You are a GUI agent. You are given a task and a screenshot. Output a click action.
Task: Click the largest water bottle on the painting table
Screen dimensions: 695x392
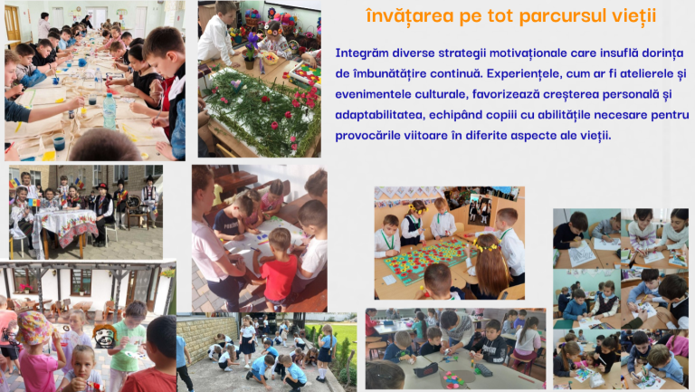(x=109, y=110)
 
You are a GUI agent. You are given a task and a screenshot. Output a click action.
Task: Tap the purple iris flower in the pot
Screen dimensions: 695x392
(x=252, y=42)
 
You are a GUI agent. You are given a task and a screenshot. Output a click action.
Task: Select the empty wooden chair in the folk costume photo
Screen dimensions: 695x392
(x=136, y=211)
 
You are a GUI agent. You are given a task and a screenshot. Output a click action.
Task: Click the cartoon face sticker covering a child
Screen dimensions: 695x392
(x=104, y=336)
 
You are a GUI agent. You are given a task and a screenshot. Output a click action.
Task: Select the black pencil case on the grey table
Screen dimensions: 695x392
(x=425, y=369)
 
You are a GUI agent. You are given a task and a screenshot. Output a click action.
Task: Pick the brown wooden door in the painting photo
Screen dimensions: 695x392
(x=13, y=24)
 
